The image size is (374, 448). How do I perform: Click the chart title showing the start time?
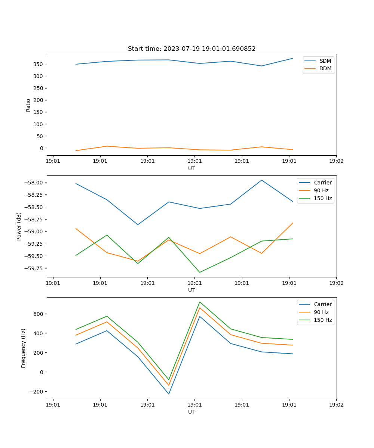(191, 49)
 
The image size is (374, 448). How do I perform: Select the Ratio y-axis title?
(28, 105)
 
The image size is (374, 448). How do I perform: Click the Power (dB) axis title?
(19, 226)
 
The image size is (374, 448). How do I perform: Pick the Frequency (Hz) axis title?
(24, 348)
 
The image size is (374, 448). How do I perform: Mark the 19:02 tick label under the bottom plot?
(336, 405)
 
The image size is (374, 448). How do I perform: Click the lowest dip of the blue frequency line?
(169, 394)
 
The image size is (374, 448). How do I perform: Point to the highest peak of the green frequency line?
(200, 302)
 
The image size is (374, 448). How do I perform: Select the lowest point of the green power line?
(200, 272)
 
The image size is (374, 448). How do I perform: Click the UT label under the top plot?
(191, 168)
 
